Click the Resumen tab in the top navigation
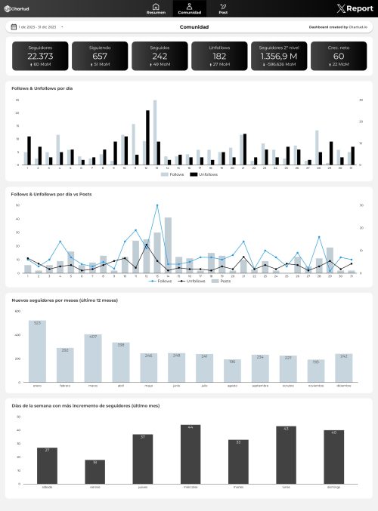[x=156, y=9]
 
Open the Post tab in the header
[x=223, y=9]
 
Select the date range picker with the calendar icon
[x=36, y=27]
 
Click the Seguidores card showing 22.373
[x=39, y=56]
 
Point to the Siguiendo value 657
[x=100, y=56]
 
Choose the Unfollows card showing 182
[x=219, y=56]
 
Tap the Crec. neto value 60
[x=338, y=56]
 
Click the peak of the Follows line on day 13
[x=157, y=206]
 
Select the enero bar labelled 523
[x=37, y=351]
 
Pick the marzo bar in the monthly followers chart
[x=93, y=358]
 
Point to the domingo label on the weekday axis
[x=333, y=485]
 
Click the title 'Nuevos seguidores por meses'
[x=59, y=300]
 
